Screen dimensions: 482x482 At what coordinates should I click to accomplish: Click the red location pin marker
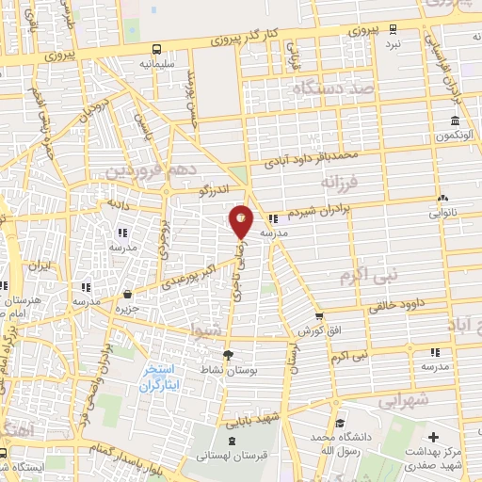(x=241, y=220)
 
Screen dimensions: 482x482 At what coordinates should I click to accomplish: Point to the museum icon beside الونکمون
(x=455, y=120)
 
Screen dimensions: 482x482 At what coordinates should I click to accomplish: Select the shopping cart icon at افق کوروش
(x=320, y=316)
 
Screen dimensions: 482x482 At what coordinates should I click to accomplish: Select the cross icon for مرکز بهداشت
(x=432, y=437)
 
